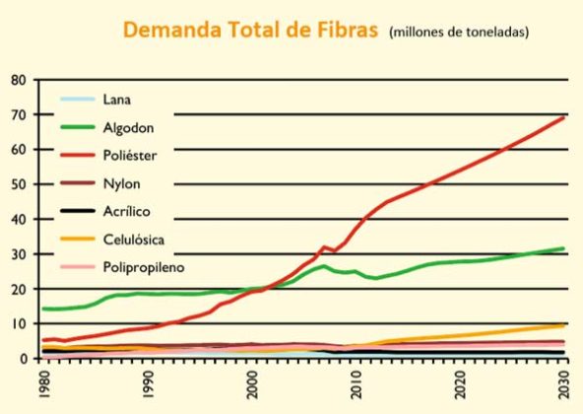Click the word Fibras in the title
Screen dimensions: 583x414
click(x=348, y=30)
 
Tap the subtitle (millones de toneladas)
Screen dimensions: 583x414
click(x=459, y=32)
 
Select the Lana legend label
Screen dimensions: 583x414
click(x=117, y=100)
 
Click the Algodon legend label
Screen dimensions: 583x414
click(x=128, y=128)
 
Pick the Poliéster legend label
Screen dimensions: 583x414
click(x=130, y=156)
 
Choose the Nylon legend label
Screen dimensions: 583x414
click(x=121, y=183)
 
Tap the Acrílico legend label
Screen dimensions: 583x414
click(x=126, y=211)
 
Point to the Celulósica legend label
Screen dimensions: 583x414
click(x=134, y=240)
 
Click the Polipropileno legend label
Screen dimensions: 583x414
click(x=144, y=267)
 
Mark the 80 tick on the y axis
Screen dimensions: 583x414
click(x=19, y=80)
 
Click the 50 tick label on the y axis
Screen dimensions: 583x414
click(x=19, y=184)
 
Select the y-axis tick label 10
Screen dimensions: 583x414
click(x=20, y=323)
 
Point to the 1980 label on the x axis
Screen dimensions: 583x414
click(x=44, y=384)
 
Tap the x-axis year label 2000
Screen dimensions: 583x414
click(x=252, y=384)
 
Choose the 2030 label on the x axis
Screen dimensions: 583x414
click(x=563, y=384)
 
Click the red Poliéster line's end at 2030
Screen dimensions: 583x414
click(x=563, y=117)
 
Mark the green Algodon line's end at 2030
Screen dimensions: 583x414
click(x=563, y=248)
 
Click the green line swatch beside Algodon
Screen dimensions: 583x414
click(x=78, y=127)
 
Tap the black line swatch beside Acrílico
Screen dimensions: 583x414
click(x=78, y=211)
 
